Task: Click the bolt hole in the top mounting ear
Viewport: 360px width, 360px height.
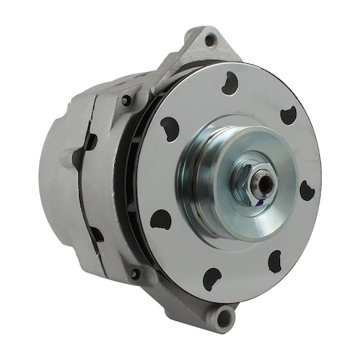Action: click(210, 40)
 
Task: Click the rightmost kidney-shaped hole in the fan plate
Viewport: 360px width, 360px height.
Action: click(306, 190)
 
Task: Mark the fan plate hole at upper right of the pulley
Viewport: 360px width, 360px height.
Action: click(288, 114)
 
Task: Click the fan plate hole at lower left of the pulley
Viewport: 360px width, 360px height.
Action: click(161, 218)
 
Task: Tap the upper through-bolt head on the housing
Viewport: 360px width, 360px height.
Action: click(126, 101)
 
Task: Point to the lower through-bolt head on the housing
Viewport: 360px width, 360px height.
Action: click(134, 274)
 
